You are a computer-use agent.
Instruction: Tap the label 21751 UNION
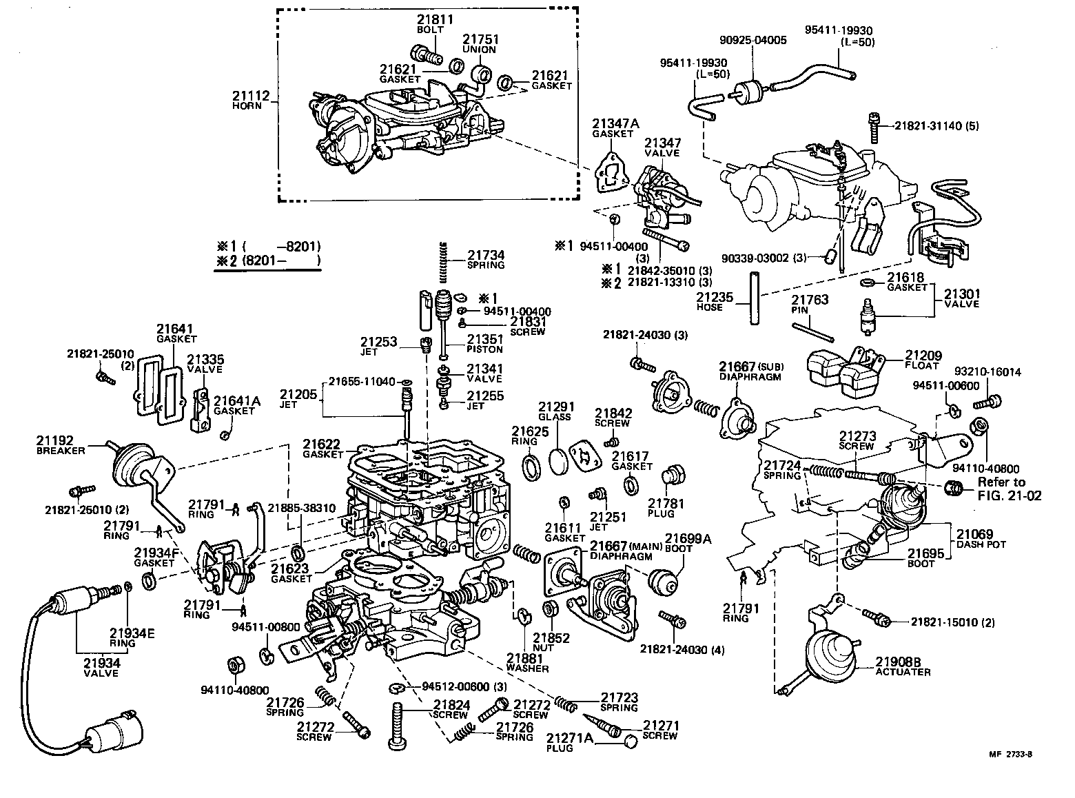tap(480, 44)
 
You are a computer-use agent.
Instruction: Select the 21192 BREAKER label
tap(60, 444)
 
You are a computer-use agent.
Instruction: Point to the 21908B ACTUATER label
tap(903, 666)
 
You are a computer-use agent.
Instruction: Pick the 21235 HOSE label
tap(710, 302)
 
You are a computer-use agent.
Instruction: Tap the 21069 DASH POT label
tap(981, 538)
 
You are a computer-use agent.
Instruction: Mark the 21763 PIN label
tap(809, 305)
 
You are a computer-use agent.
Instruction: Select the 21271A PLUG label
tap(569, 742)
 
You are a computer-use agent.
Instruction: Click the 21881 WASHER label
tap(527, 663)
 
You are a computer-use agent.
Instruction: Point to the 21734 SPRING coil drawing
tap(444, 261)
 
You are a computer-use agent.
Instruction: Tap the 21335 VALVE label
tap(205, 364)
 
